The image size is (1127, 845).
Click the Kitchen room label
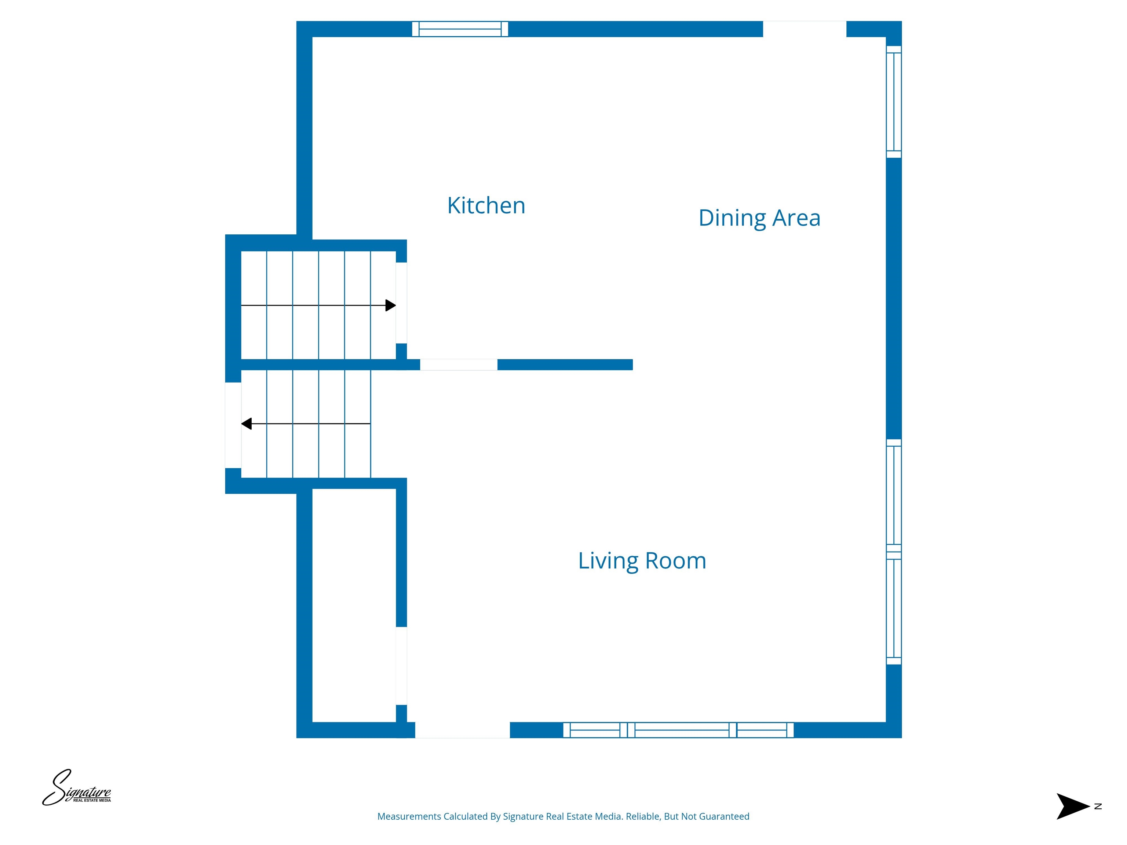[486, 205]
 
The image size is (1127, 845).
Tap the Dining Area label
[759, 218]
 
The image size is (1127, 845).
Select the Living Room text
[642, 561]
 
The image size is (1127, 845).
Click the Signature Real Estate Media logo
[76, 787]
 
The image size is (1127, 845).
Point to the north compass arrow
[1072, 806]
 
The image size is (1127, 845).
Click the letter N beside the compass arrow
[1098, 806]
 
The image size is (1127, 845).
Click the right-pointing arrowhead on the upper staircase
[391, 306]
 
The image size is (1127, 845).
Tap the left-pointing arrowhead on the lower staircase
[247, 424]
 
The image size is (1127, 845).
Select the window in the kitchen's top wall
[460, 29]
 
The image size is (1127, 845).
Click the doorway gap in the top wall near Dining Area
[805, 29]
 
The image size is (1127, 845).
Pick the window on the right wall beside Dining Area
[894, 102]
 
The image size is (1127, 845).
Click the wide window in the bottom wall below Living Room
[678, 730]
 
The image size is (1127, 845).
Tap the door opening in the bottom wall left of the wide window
[462, 730]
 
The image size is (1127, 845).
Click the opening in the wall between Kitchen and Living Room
[459, 365]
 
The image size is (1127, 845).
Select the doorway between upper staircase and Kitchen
[401, 303]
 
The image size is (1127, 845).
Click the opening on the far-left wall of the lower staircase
[233, 425]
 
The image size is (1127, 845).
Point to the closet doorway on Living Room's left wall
[401, 666]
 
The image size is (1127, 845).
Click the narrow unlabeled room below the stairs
[354, 605]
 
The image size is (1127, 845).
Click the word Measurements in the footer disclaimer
[409, 816]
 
